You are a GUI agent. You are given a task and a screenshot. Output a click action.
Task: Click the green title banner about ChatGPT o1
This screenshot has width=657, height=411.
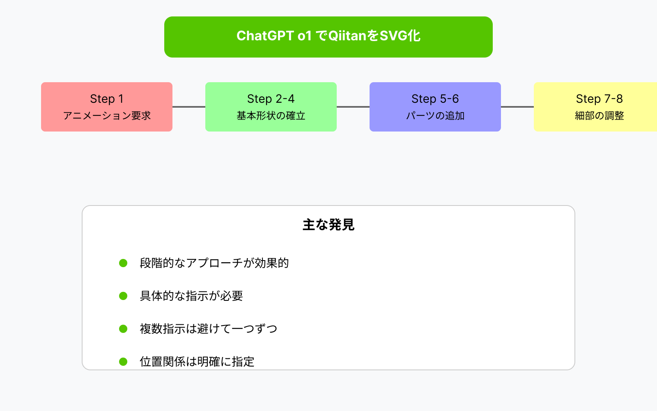pos(328,37)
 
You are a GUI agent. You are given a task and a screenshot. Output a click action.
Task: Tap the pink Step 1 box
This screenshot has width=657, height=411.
pos(107,107)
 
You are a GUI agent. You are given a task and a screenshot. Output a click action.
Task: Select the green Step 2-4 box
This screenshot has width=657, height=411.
pos(271,107)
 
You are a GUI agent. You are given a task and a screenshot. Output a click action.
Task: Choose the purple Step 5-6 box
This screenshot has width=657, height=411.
pos(435,107)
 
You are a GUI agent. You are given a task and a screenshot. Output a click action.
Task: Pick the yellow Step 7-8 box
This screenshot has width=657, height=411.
pos(595,107)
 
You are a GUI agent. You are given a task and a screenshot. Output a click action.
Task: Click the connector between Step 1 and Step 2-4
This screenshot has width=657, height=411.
pos(189,107)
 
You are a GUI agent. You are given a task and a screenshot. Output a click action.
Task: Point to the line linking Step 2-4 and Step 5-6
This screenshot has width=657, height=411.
pos(353,107)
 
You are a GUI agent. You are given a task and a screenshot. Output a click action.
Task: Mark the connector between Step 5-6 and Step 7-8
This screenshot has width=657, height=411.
pos(517,107)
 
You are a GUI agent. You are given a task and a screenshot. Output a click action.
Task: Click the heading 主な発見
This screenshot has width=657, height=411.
pos(328,225)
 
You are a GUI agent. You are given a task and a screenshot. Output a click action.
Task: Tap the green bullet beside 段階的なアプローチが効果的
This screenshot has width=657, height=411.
pos(123,263)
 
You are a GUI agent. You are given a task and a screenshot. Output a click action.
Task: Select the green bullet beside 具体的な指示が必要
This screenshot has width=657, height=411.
pos(123,296)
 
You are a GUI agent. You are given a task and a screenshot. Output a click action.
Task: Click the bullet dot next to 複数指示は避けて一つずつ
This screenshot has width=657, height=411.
pos(123,329)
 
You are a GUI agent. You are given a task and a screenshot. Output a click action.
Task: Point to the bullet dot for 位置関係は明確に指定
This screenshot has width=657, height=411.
pos(123,362)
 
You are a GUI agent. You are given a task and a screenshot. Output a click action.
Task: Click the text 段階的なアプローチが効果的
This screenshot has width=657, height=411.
pos(214,263)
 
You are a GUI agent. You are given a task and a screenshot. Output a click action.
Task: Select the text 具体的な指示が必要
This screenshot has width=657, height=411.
pos(191,296)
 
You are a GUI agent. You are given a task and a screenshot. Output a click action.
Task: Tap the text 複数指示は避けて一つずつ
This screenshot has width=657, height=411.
pos(209,329)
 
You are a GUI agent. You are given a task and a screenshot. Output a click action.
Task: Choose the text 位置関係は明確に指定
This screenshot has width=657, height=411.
pos(197,362)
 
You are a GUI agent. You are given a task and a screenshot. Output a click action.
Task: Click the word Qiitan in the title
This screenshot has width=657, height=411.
pos(347,36)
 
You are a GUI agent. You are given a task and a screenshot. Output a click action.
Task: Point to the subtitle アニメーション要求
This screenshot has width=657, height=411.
pos(107,115)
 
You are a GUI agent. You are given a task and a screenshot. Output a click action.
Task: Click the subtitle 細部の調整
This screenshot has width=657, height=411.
pos(599,115)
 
